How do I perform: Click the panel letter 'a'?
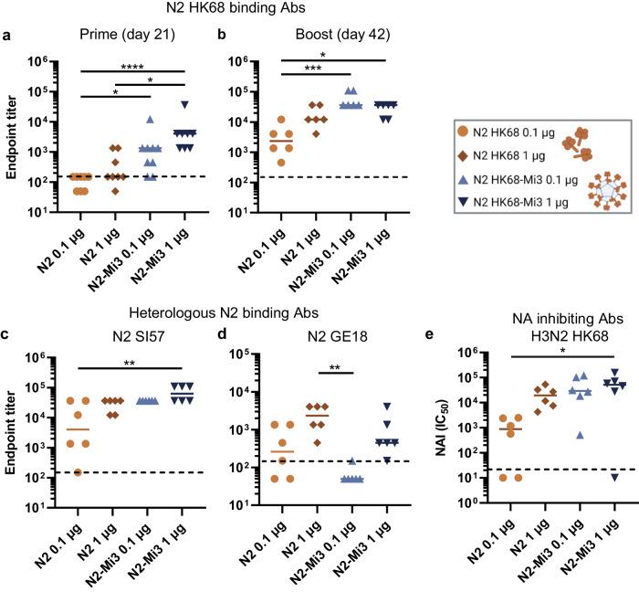[7, 37]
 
